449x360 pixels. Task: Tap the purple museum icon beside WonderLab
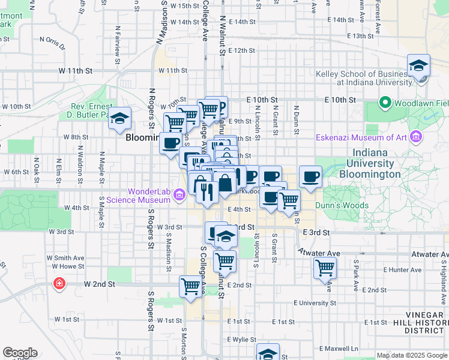pyautogui.click(x=179, y=195)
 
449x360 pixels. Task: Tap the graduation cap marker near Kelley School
pyautogui.click(x=418, y=66)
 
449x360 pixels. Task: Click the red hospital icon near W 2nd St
pyautogui.click(x=59, y=283)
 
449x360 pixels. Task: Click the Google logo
pyautogui.click(x=20, y=353)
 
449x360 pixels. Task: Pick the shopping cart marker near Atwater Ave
pyautogui.click(x=325, y=268)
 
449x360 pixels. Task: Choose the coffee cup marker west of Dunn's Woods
pyautogui.click(x=310, y=177)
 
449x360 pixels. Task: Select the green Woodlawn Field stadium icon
pyautogui.click(x=384, y=103)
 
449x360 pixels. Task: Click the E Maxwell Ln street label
pyautogui.click(x=339, y=348)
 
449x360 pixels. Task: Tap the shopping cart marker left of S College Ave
pyautogui.click(x=190, y=286)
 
